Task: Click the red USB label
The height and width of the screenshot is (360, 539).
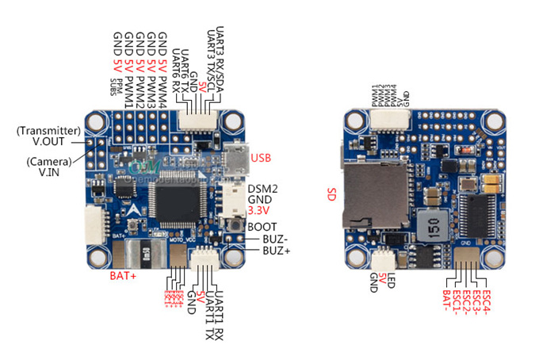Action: coord(261,159)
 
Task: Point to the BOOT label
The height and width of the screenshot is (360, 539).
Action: coord(262,226)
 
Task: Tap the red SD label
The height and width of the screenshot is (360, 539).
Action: coord(334,193)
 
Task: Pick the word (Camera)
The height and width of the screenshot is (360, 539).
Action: coord(49,161)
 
